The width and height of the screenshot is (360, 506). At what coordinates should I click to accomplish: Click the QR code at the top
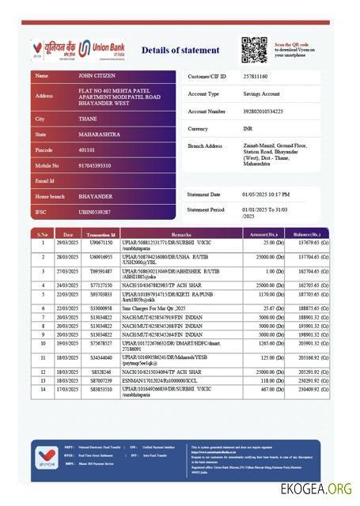(254, 50)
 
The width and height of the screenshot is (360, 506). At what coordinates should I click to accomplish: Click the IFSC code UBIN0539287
(94, 212)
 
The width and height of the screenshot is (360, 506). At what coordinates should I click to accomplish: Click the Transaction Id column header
(101, 235)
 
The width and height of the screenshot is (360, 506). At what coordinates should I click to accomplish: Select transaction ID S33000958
(101, 308)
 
